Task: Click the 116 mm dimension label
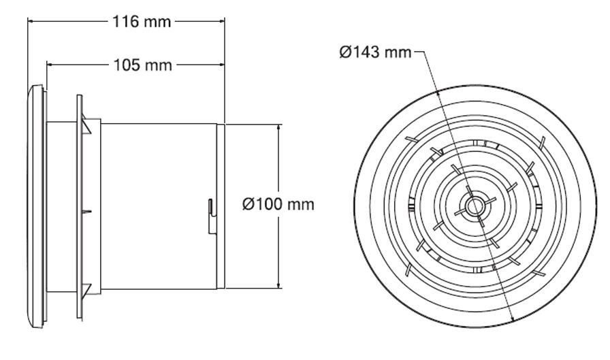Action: coord(142,21)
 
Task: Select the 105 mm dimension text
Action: coord(142,65)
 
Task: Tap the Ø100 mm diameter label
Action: coord(278,204)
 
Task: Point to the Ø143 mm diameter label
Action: coord(375,52)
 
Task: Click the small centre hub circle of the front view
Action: coord(475,206)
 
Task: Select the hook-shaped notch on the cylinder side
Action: coord(212,216)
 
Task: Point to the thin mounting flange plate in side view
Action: coord(80,206)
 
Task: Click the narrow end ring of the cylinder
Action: coord(221,206)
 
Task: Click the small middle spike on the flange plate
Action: coord(87,212)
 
